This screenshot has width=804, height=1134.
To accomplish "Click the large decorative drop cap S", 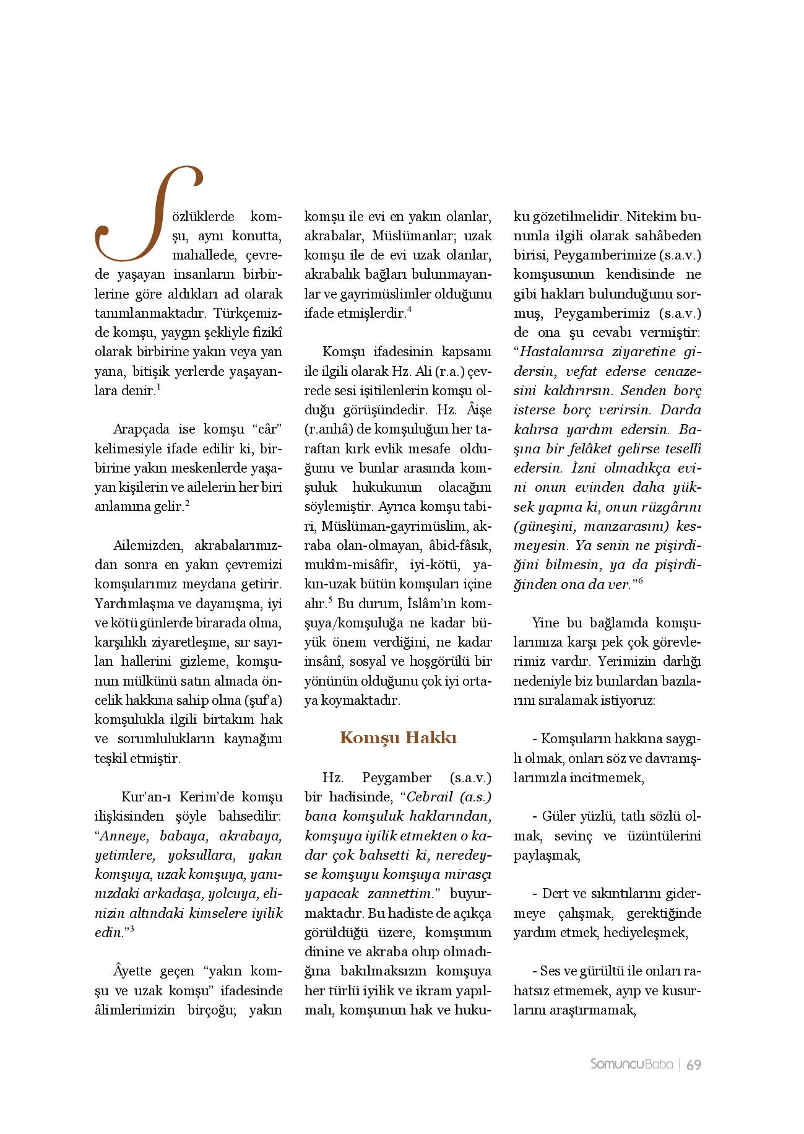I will pos(147,214).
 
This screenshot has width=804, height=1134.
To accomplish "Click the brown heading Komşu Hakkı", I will pos(398,738).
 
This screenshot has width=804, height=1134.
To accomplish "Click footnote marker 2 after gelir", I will pos(187,504).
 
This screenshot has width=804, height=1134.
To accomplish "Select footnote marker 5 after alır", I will pos(331,600).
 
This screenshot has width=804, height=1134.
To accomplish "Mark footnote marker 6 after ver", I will pos(640,580).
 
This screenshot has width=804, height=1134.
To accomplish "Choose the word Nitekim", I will pos(651,217).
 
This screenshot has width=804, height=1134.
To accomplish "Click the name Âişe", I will pos(475,409).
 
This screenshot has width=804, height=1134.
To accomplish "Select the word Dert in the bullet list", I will pos(555,894).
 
